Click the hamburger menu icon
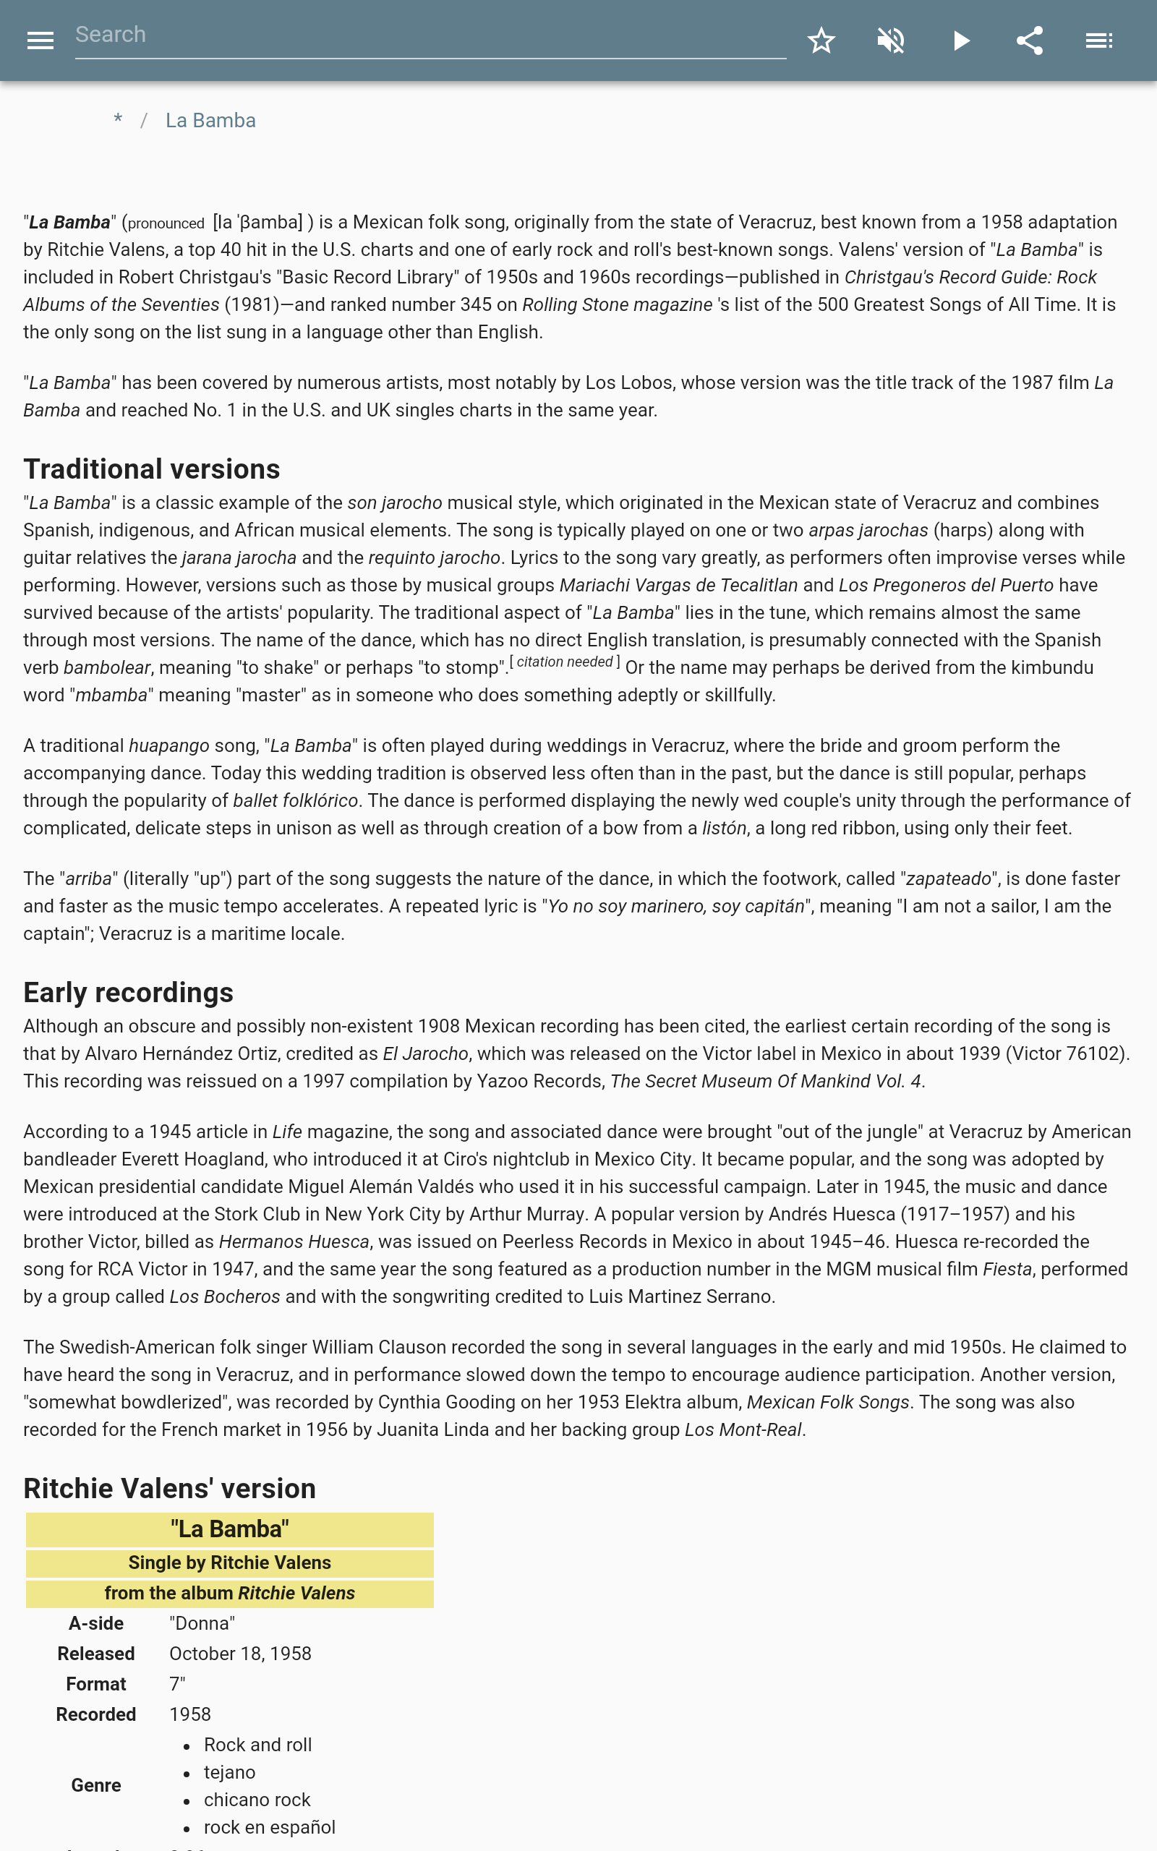click(x=40, y=40)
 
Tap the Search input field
click(x=430, y=35)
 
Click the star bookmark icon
click(x=821, y=40)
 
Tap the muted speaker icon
click(x=891, y=40)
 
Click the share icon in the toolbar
click(x=1029, y=40)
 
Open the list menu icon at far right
click(x=1099, y=40)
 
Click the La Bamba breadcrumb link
click(x=210, y=121)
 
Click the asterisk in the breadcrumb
click(x=118, y=119)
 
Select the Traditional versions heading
click(x=152, y=469)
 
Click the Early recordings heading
click(x=128, y=992)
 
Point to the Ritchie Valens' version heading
click(x=169, y=1489)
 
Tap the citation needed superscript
click(x=565, y=662)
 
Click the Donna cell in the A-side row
click(x=202, y=1623)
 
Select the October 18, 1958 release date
click(x=240, y=1654)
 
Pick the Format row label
click(x=95, y=1684)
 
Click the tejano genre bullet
click(x=229, y=1772)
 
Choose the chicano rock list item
click(x=256, y=1800)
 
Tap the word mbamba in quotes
click(x=111, y=696)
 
